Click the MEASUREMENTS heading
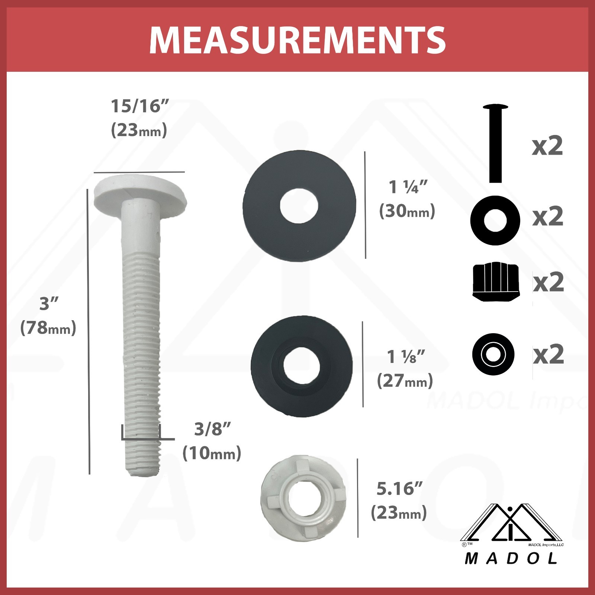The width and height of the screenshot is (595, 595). pos(297,40)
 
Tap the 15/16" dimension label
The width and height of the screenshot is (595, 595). pos(140,107)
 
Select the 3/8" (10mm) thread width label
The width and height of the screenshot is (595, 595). pos(212,441)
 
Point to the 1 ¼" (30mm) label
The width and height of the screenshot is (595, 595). pos(407,199)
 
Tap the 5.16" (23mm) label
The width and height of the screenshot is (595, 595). pos(399,501)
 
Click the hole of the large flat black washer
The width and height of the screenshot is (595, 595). pos(299,206)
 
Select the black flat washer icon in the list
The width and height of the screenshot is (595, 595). pos(495,220)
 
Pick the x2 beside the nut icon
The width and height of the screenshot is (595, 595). pos(549,283)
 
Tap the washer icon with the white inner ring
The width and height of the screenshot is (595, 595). pos(493,354)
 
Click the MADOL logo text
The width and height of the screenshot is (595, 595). pos(511,558)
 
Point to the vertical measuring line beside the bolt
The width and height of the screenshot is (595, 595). pos(89,331)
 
